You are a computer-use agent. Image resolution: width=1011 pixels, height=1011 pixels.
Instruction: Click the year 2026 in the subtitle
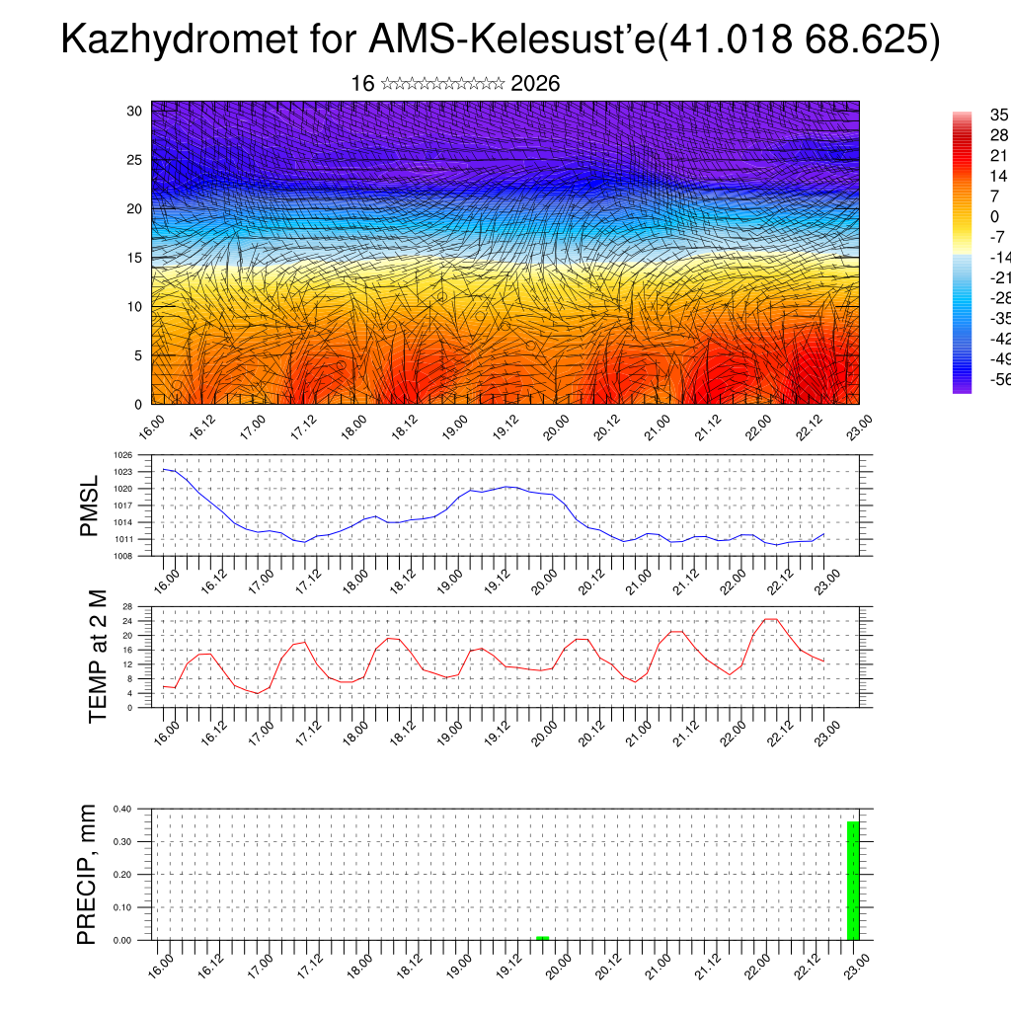tap(535, 84)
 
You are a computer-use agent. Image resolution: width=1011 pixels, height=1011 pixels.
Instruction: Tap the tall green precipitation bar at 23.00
tap(853, 880)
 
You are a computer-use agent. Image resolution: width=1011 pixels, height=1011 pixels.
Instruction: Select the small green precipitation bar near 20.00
tap(542, 938)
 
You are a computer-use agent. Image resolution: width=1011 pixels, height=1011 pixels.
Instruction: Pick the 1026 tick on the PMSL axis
tap(123, 456)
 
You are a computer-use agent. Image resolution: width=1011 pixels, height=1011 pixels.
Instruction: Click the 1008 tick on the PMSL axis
tap(123, 556)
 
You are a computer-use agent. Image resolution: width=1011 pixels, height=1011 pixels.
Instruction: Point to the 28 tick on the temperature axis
tap(127, 606)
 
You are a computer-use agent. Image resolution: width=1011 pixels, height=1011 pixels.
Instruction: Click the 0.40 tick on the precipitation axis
tap(121, 809)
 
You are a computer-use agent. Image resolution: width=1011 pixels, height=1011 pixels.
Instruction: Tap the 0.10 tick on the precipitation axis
tap(121, 907)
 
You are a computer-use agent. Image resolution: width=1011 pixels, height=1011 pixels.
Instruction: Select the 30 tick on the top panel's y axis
tap(135, 111)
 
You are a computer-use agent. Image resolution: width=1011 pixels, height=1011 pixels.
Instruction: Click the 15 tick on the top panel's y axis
tap(135, 258)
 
